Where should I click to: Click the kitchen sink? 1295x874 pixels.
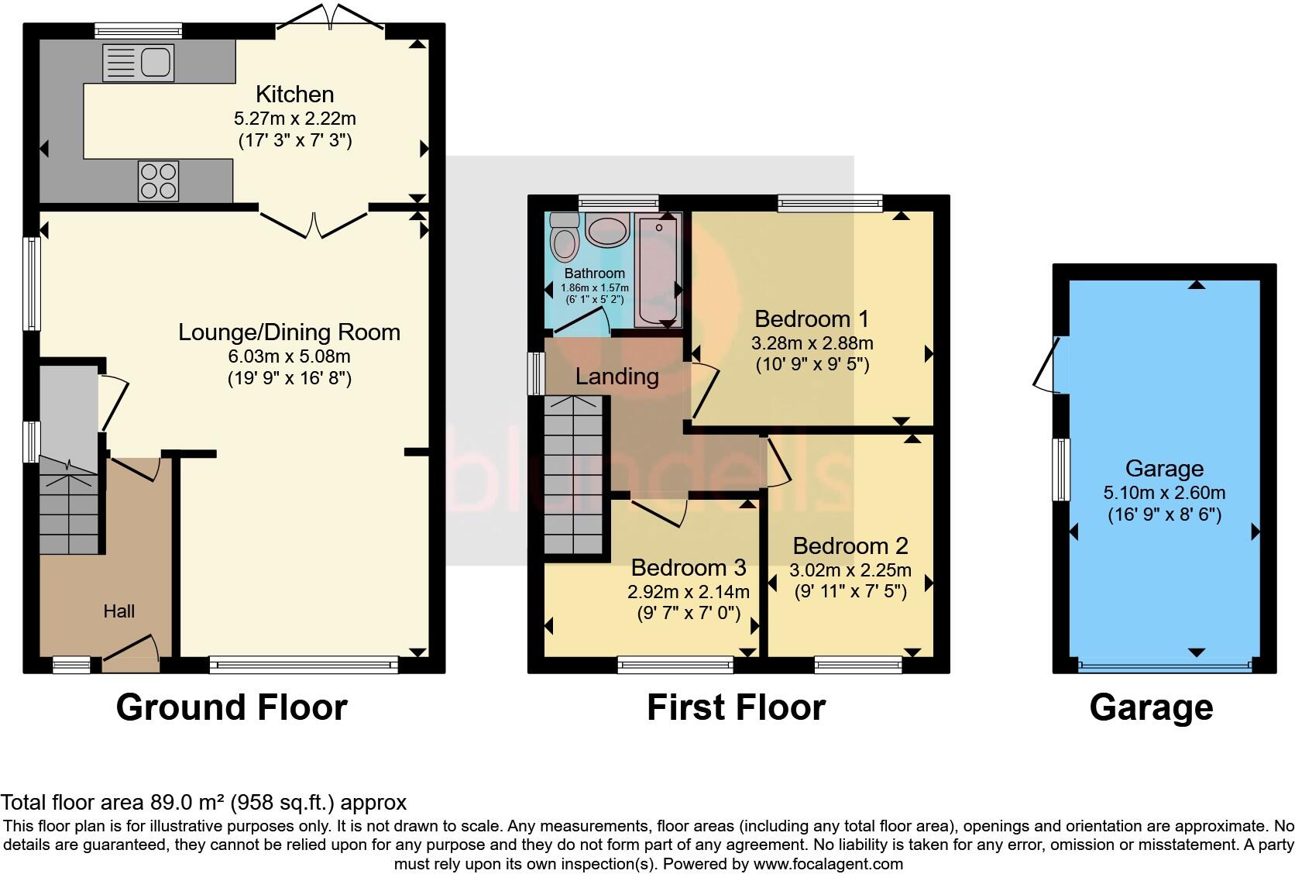(x=139, y=63)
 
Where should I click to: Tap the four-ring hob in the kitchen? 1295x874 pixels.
(x=158, y=181)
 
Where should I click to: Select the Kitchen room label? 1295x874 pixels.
(x=295, y=95)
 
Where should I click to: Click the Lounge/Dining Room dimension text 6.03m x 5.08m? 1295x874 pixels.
(x=289, y=356)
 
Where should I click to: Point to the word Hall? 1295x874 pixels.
(x=119, y=611)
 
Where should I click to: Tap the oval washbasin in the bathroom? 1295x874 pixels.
(x=607, y=231)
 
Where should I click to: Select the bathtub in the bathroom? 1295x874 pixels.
(x=658, y=269)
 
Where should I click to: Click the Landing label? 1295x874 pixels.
(x=617, y=377)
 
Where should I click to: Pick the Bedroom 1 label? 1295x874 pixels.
(x=812, y=318)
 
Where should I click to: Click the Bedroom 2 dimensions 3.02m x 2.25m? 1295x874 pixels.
(x=850, y=571)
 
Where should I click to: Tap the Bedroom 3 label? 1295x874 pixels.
(x=689, y=568)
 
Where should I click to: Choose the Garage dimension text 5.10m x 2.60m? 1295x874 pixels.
(x=1164, y=493)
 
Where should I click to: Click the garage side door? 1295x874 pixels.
(x=1046, y=364)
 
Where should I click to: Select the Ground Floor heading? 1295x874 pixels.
(x=232, y=707)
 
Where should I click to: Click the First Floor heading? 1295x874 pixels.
(x=736, y=707)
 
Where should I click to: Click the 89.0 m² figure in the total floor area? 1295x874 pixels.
(x=184, y=802)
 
